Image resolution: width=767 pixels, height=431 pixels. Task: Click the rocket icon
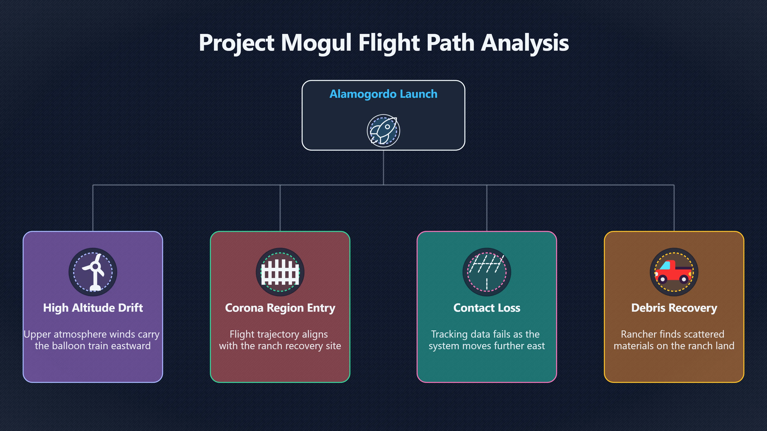pos(383,130)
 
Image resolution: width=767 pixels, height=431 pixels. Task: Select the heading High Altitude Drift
pos(93,308)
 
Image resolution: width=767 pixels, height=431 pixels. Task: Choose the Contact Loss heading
pos(487,308)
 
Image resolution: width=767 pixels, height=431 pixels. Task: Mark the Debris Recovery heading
pos(674,308)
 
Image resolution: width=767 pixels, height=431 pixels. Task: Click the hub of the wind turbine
pos(95,266)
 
